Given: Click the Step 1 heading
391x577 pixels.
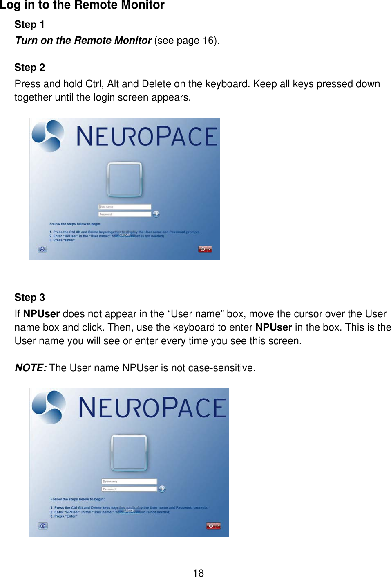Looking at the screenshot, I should (x=29, y=25).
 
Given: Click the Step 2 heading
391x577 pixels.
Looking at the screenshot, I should (x=29, y=68).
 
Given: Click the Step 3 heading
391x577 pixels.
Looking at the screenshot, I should (x=29, y=298).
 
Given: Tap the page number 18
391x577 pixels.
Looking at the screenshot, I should (x=198, y=573).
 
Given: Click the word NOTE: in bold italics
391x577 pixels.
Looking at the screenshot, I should (x=31, y=368).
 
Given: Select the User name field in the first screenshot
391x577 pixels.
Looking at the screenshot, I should (x=125, y=207).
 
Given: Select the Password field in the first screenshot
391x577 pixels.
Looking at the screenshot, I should (x=125, y=214).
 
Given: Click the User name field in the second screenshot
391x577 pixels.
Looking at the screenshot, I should (x=129, y=482).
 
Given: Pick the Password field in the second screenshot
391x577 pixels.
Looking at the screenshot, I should (x=129, y=489).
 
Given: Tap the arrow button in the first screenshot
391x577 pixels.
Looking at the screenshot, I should (x=156, y=214).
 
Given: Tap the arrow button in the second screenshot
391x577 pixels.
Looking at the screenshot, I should (x=162, y=489).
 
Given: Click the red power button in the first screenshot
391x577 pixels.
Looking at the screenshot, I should (x=203, y=249).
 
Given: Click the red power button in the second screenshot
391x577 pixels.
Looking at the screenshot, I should (x=211, y=526).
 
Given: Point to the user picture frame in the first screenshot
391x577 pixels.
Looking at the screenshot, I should (x=125, y=179).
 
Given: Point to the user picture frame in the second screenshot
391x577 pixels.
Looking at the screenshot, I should (x=129, y=453).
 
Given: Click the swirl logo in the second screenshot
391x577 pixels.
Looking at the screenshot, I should (x=49, y=407).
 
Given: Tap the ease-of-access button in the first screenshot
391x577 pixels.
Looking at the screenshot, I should (x=42, y=249).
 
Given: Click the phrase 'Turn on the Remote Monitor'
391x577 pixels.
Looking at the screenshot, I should (x=83, y=41).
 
